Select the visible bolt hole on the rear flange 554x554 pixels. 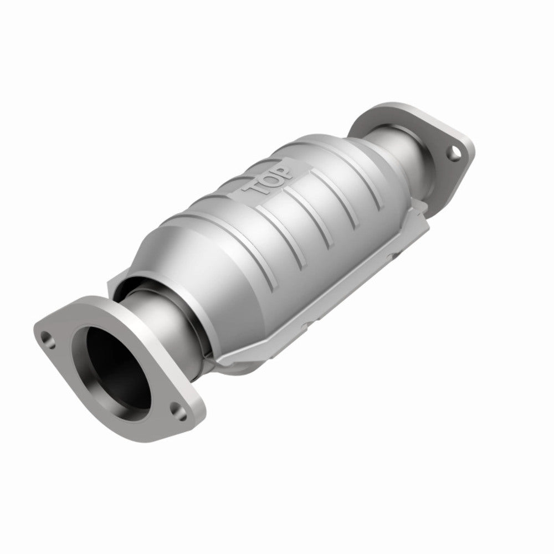click(x=454, y=150)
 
